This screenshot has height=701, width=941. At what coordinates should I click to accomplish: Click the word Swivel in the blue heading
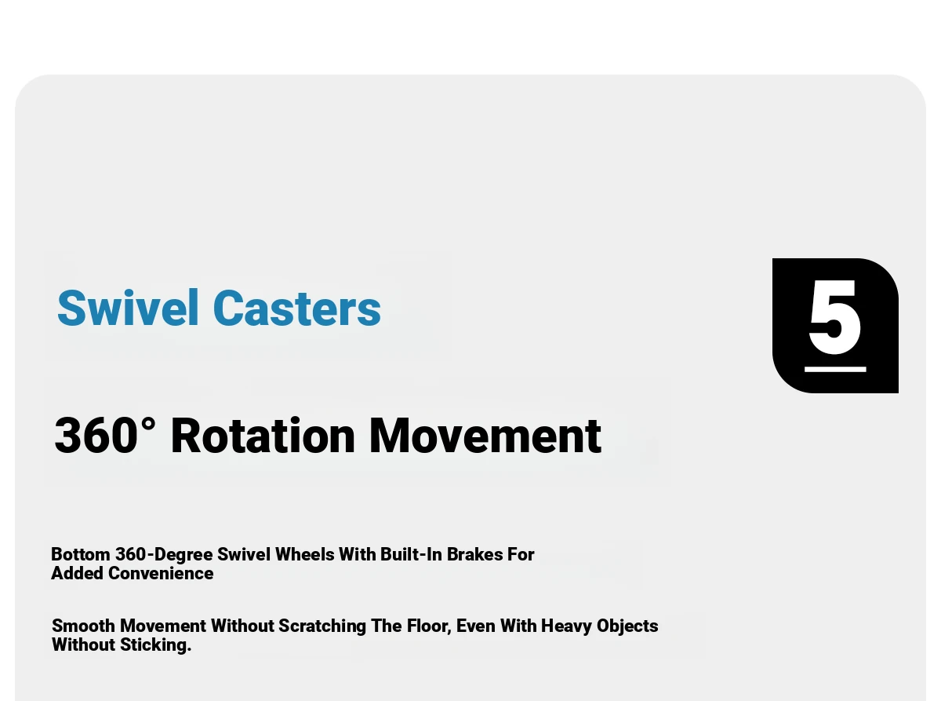[128, 308]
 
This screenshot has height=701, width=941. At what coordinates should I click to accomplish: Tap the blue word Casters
[297, 308]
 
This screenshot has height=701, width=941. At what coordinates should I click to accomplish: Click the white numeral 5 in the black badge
[835, 316]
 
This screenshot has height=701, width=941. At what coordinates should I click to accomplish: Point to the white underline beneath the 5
[835, 369]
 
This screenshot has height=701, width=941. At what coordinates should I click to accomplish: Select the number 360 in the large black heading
[96, 436]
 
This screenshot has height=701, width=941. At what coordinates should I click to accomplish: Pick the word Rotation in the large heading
[263, 436]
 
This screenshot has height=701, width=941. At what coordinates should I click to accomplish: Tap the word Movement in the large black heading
[485, 436]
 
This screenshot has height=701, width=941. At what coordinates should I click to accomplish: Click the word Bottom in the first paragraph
[81, 554]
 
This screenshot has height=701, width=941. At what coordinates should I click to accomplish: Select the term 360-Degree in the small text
[164, 554]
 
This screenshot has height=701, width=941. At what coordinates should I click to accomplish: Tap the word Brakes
[474, 554]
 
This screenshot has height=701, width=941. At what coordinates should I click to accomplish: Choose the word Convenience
[161, 573]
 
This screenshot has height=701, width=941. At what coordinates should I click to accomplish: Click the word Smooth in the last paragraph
[84, 626]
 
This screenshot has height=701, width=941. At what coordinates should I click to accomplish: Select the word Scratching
[322, 626]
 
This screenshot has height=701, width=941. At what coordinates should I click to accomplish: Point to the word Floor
[429, 626]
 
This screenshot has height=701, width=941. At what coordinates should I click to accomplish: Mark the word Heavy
[566, 626]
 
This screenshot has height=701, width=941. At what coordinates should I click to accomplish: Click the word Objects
[627, 626]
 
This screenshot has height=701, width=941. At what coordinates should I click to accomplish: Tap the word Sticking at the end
[156, 645]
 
